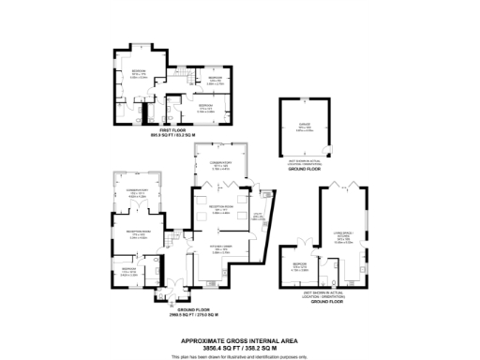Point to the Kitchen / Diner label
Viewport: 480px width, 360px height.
click(220, 248)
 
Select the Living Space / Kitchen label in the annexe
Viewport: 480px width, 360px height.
click(343, 240)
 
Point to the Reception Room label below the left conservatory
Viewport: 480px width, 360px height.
click(137, 236)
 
